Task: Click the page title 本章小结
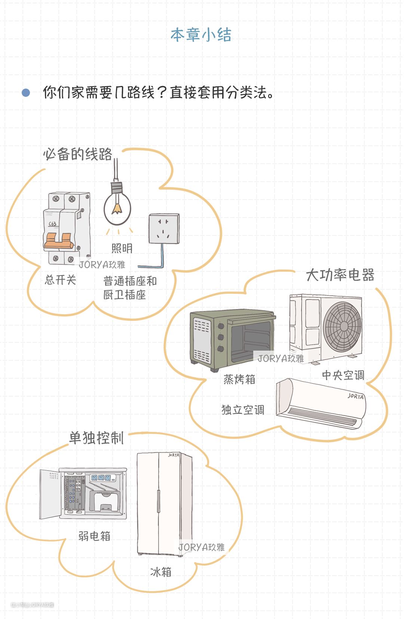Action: (201, 35)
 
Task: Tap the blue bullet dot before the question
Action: (26, 92)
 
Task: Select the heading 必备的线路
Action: (77, 154)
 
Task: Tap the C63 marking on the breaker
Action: (53, 224)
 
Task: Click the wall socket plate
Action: (164, 229)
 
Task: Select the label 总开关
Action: (60, 280)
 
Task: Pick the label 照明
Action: (122, 248)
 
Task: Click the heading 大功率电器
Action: (340, 275)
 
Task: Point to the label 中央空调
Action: (343, 375)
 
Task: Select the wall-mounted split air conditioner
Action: (321, 404)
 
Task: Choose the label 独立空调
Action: (243, 410)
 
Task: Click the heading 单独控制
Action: (96, 438)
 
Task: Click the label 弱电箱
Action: (94, 536)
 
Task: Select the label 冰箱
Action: (161, 572)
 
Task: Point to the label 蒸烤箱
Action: (239, 379)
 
